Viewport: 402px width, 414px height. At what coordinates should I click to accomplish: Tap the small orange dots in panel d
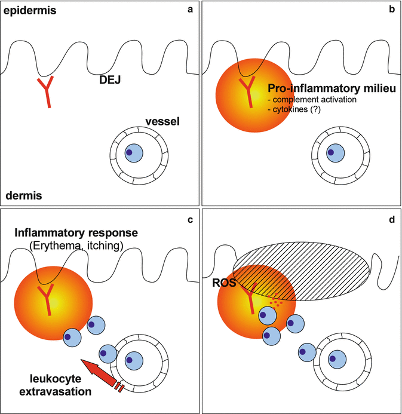277,302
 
